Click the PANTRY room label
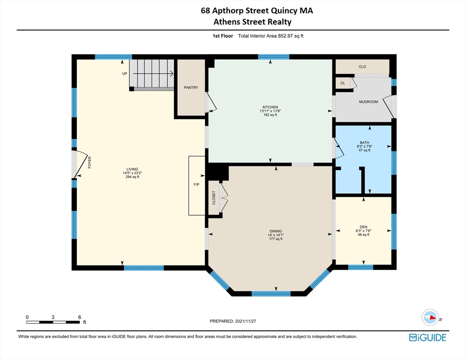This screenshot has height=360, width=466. click(191, 88)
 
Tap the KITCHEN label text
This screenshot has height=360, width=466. click(271, 106)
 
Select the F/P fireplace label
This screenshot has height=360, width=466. click(196, 185)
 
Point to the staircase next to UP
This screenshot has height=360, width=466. click(151, 74)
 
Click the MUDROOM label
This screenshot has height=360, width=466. click(368, 102)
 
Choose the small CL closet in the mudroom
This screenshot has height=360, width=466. click(343, 83)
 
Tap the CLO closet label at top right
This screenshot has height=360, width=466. click(362, 67)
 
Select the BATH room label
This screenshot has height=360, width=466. click(364, 142)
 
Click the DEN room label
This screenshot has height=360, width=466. click(364, 226)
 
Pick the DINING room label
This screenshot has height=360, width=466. click(276, 231)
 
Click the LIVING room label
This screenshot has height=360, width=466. click(132, 169)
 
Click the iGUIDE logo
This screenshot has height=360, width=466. click(427, 337)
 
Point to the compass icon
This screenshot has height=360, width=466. click(429, 317)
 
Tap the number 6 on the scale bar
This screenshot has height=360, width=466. click(79, 317)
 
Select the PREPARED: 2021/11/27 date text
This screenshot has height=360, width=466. click(233, 321)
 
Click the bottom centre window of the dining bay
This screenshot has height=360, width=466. click(271, 294)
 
